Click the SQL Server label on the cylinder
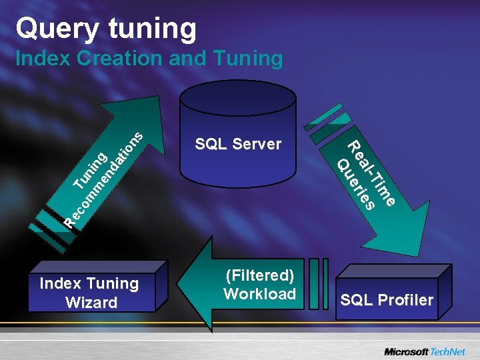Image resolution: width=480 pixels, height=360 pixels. point(238,144)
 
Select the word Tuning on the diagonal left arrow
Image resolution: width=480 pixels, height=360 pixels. point(91,170)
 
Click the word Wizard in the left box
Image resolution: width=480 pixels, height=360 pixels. point(91,303)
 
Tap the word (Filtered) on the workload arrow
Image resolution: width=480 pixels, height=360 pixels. point(260,275)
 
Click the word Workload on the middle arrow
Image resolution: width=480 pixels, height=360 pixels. point(260,294)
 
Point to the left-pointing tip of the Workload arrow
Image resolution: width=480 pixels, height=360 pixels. point(183,285)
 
